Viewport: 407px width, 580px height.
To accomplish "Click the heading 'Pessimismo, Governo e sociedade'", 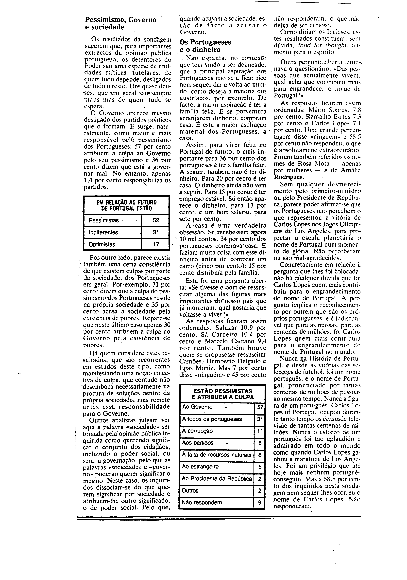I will click(121, 23).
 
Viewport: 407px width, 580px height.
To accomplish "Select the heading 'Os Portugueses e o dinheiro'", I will click(205, 46).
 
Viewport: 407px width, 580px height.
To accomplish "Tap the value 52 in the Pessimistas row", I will click(156, 220).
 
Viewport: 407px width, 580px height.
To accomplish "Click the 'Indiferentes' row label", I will click(103, 232).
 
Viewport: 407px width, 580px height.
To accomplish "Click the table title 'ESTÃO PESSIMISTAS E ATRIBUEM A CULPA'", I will click(222, 394).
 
